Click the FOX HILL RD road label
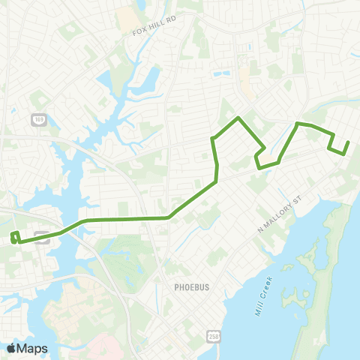point(154,32)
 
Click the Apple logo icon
point(11,348)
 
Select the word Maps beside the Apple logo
point(32,348)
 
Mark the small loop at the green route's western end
point(15,238)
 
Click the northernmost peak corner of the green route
point(238,118)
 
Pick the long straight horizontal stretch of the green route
point(127,219)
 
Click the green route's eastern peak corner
point(298,122)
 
